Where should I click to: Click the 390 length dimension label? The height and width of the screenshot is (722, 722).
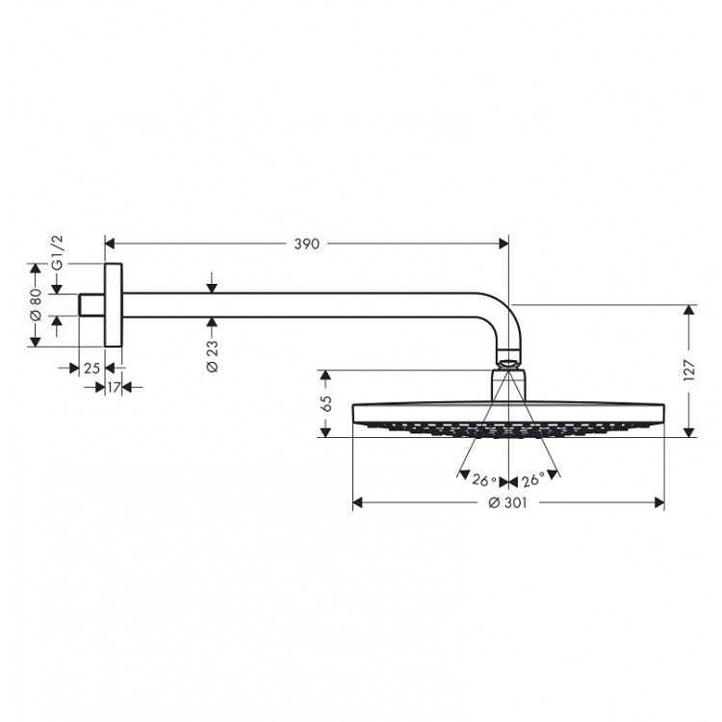307,244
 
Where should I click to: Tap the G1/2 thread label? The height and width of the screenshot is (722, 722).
57,252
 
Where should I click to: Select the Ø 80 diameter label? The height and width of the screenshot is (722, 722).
36,304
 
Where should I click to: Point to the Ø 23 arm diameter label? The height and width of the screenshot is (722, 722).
212,356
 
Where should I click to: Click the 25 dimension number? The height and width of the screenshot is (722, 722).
91,369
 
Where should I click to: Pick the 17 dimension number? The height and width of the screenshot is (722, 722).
114,388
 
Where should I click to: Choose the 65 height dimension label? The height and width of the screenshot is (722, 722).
325,403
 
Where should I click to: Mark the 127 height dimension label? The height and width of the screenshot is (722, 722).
689,370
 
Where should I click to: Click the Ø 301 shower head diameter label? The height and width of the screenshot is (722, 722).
507,503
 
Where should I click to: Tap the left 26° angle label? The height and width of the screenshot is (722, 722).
484,480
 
